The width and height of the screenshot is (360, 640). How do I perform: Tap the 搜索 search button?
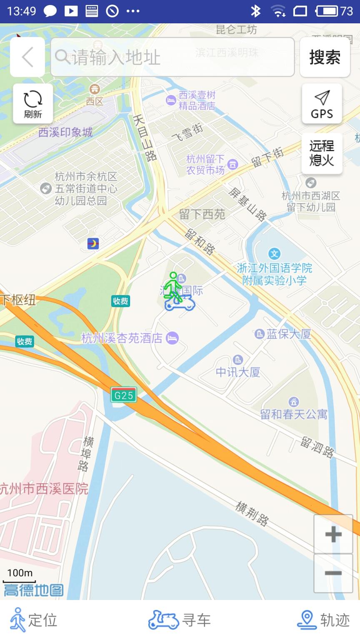coord(325,57)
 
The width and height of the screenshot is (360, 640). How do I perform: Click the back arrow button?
coord(27,57)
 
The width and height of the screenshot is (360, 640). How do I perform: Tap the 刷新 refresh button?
coord(33,103)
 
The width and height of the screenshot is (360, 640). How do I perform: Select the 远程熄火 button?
coord(322,153)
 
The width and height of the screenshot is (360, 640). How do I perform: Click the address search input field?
coord(172,57)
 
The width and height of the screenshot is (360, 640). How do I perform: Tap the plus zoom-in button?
coord(333,534)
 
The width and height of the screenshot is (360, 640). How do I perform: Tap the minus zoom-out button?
coord(333,573)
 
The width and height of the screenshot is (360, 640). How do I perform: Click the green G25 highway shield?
coord(124,395)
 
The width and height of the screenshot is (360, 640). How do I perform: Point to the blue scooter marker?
coord(180,303)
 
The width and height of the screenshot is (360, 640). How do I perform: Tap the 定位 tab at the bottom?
coord(33,620)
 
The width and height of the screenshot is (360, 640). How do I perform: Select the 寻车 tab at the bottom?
coord(180,620)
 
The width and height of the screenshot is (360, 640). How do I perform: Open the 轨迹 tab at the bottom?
coord(323,620)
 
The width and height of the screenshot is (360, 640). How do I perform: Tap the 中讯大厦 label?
coord(238,372)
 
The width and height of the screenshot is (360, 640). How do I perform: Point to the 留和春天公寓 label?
coord(294,414)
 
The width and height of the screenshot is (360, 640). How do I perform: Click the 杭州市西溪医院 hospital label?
coord(44,489)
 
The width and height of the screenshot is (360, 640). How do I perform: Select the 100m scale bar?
coord(20,577)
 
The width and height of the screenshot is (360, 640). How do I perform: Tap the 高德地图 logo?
coord(33,590)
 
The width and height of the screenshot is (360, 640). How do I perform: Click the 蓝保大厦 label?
coord(289,334)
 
